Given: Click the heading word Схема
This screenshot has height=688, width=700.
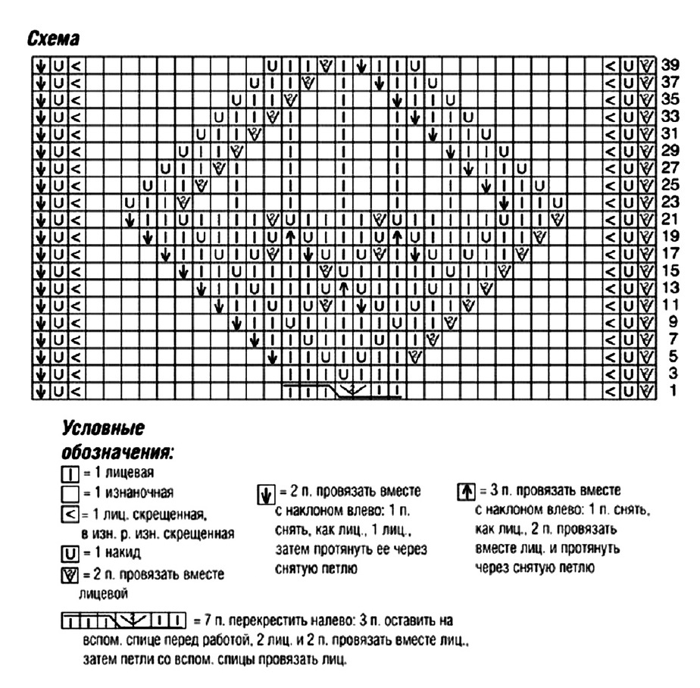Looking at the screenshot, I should pos(54,38).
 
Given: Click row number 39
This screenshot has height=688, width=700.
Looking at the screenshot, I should pos(669,64).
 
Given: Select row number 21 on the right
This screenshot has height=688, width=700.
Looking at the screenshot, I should pos(669,219).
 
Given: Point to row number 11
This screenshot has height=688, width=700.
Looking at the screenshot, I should pos(669,305).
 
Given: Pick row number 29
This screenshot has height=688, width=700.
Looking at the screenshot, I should pos(669,150).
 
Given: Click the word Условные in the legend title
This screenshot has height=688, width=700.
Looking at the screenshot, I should pos(102,429).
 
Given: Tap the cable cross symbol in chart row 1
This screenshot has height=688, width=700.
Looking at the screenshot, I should pos(342,391).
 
